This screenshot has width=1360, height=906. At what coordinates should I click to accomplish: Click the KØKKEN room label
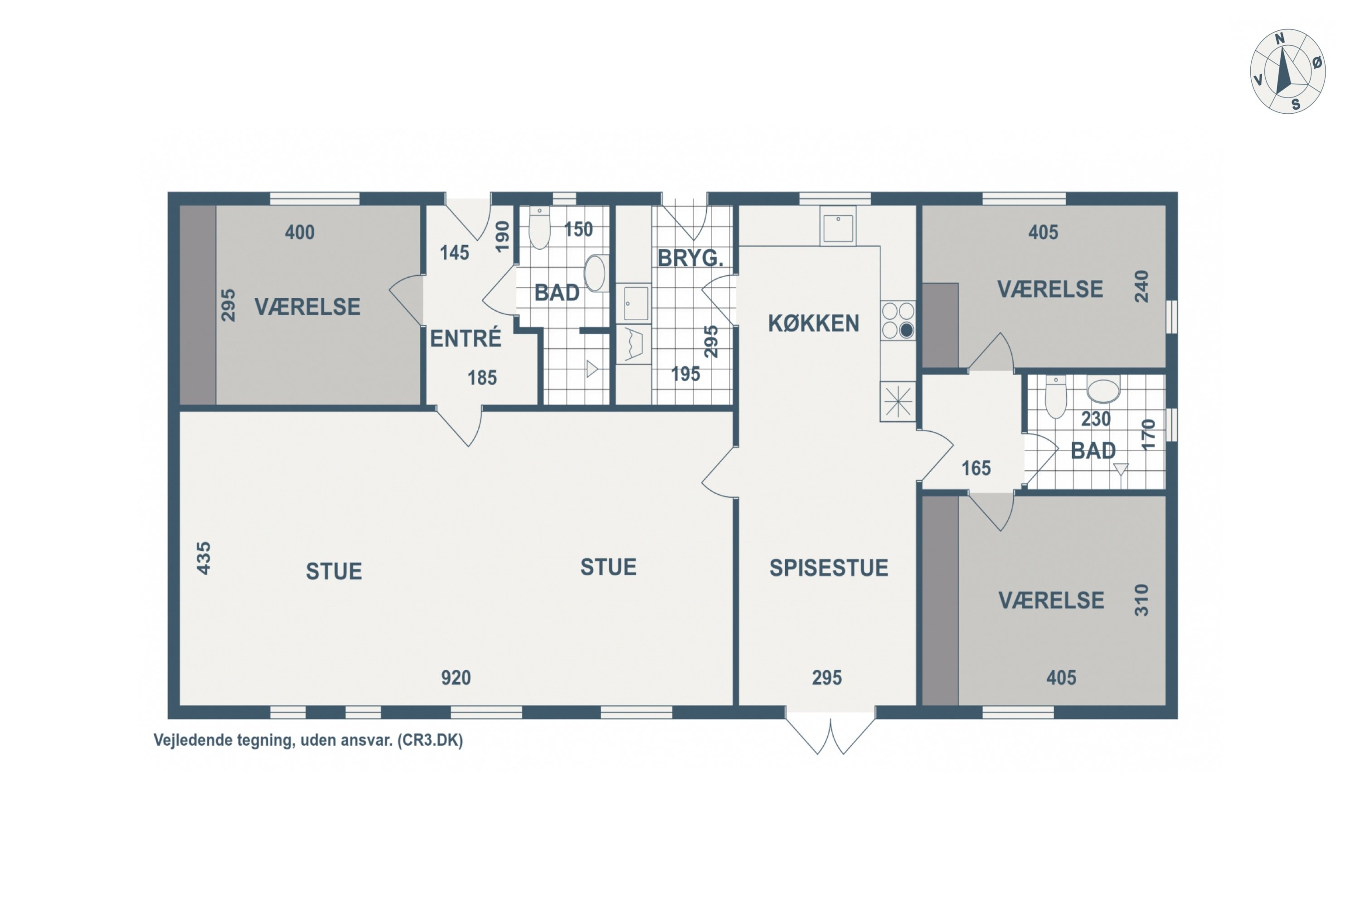point(814,323)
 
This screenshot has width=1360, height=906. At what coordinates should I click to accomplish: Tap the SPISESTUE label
point(829,568)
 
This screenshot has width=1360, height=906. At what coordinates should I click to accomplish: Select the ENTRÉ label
point(466,338)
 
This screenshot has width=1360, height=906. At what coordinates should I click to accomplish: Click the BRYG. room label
point(690,258)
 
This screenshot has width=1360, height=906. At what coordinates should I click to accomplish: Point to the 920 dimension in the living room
point(456,678)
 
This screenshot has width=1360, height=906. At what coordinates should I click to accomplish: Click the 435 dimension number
point(204,558)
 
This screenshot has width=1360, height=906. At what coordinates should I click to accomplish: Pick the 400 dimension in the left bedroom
point(300,232)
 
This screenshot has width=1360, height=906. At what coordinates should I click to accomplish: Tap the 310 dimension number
point(1141,600)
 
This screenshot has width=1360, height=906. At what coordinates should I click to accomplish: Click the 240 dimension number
point(1141,287)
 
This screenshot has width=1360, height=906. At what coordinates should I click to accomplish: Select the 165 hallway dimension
point(976,468)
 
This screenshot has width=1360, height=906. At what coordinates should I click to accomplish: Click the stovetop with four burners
point(898,321)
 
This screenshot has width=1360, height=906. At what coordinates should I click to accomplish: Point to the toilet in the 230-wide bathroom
point(1056,396)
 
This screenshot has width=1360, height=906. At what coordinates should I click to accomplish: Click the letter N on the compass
point(1280,39)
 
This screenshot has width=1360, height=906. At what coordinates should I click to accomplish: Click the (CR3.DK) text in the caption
point(430,740)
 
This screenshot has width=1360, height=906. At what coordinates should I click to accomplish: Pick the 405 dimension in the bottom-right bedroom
point(1061,678)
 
